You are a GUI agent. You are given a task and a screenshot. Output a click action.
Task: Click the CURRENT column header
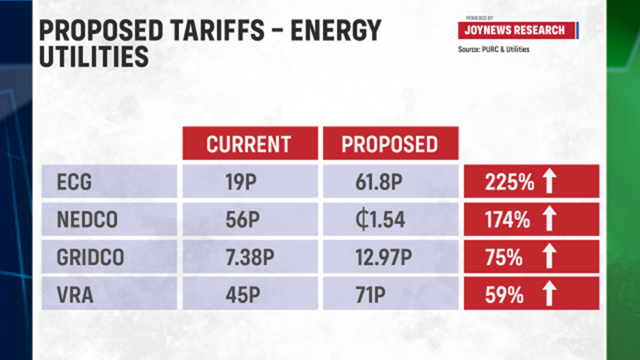click(249, 144)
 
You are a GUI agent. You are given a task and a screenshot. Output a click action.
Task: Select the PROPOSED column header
click(389, 144)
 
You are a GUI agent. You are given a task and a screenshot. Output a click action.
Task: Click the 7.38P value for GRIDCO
click(249, 258)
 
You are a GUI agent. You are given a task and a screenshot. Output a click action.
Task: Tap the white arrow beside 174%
click(549, 219)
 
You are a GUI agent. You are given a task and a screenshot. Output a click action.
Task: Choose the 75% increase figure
click(505, 257)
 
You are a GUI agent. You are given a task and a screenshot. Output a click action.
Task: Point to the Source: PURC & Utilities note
click(494, 49)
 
